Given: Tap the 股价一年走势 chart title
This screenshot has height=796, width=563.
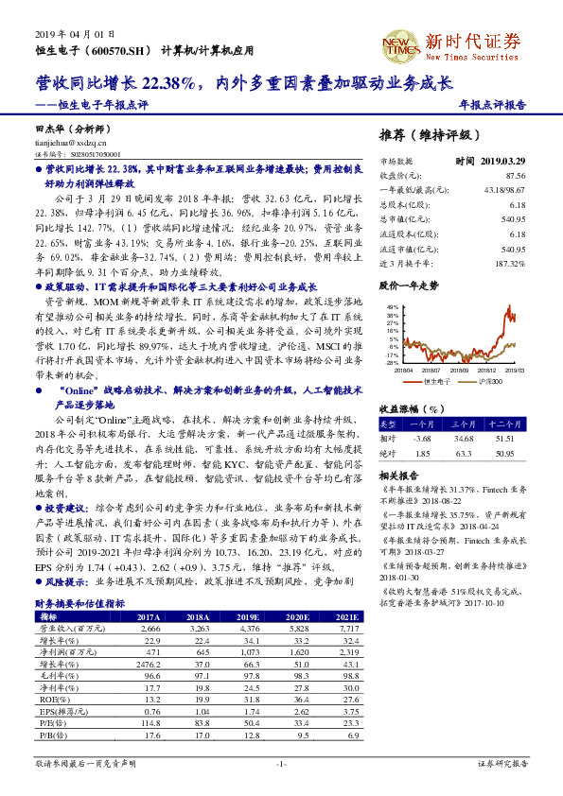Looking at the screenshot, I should click(408, 285).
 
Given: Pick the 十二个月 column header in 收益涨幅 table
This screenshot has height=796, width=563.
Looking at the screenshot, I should click(507, 424).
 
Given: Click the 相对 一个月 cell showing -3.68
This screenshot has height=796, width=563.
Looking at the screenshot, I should click(422, 439).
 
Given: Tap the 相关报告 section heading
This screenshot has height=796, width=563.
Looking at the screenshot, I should click(398, 476).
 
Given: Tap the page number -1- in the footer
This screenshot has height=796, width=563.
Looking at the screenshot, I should click(281, 762).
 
